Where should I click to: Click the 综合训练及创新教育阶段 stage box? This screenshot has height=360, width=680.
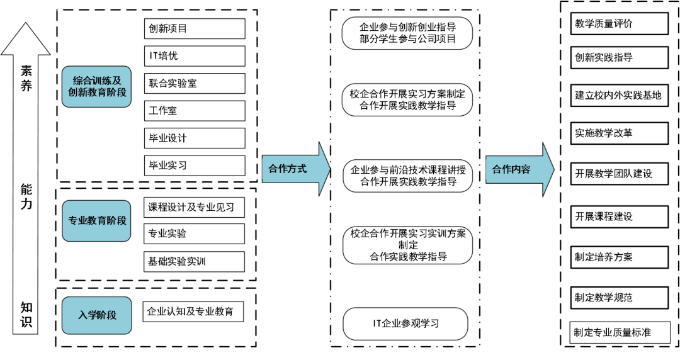96,86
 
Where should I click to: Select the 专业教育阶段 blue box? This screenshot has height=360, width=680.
96,221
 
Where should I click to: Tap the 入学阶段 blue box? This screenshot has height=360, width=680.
96,315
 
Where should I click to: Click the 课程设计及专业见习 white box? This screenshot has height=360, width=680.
193,207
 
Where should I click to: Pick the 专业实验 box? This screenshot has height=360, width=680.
193,233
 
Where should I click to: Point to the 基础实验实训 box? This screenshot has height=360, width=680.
193,261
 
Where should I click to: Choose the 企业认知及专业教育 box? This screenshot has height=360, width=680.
193,312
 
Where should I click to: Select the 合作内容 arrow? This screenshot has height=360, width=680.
518,169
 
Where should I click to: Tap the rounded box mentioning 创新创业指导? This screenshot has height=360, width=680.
407,33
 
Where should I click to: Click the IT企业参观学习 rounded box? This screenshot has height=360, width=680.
405,324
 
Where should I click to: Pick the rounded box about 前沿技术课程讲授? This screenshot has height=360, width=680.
407,176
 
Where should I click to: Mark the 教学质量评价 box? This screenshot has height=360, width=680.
619,24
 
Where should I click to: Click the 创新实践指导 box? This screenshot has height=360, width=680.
619,57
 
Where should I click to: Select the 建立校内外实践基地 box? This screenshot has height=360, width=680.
619,96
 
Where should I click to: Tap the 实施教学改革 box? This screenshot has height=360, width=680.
619,133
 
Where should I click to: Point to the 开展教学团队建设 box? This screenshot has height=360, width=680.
619,174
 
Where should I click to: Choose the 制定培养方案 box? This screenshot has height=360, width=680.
619,257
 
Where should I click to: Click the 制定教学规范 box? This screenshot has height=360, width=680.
619,298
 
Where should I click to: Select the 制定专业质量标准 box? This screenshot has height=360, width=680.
620,332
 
